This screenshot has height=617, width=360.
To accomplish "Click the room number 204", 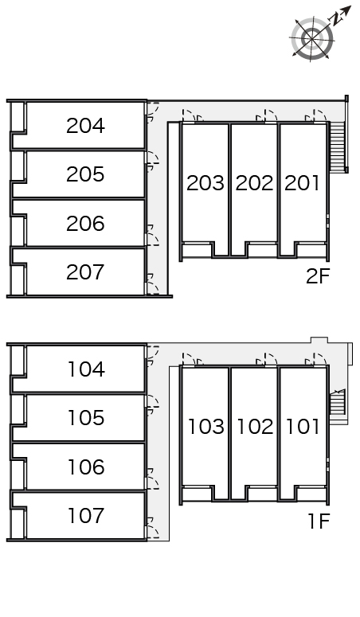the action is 85,126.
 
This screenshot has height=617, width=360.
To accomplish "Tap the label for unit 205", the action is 85,174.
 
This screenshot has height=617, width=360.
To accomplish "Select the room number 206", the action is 85,224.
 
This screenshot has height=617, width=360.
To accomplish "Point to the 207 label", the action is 85,272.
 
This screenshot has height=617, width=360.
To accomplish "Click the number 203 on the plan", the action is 205,183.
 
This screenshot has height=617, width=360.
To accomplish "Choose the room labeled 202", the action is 254,183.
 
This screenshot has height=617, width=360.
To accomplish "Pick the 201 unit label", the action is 302,183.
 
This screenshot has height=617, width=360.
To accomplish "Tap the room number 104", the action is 86,369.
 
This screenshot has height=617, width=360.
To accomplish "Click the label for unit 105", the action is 86,418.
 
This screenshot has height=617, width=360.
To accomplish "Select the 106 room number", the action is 86,467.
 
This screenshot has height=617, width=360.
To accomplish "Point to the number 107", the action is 86,516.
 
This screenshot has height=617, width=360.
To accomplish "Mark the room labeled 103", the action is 206,427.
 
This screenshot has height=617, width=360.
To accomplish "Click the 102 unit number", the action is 255,427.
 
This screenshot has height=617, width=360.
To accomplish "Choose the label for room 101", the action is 303,427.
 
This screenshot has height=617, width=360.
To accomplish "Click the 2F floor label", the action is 318,276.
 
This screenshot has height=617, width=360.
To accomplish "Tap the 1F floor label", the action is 319,521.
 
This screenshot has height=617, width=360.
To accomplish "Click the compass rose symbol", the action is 313,38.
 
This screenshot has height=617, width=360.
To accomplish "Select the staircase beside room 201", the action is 338,146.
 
